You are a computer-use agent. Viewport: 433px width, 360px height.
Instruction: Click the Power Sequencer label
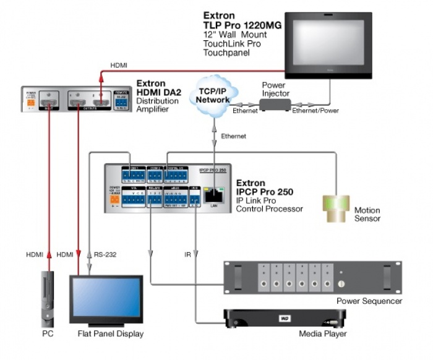click(369, 301)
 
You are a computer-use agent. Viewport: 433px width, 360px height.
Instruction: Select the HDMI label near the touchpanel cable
click(119, 64)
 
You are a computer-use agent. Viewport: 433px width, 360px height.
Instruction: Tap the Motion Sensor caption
click(367, 214)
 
